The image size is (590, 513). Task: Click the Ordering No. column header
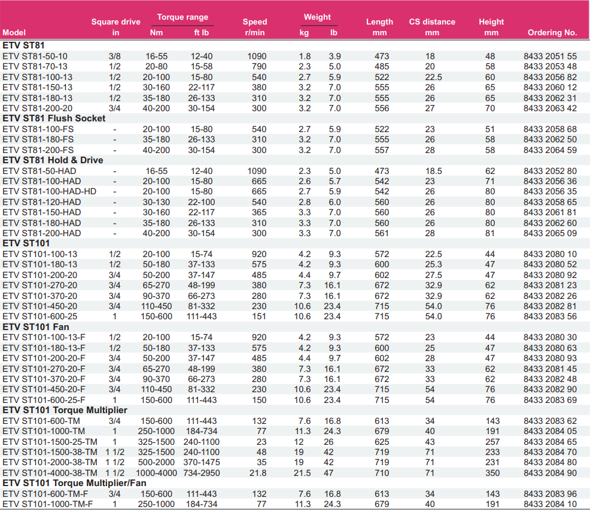click(x=552, y=33)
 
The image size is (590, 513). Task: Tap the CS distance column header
click(x=432, y=22)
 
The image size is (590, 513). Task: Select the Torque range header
click(x=183, y=17)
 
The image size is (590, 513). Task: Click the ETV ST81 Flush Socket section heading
click(x=54, y=118)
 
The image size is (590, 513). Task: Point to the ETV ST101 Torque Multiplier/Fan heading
click(x=74, y=483)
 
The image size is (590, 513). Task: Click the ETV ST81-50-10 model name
click(x=35, y=56)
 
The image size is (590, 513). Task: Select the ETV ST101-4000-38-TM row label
click(x=50, y=473)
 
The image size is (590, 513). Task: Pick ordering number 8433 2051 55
click(x=550, y=56)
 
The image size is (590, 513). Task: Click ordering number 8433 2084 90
click(x=550, y=473)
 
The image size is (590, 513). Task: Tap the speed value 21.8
click(x=258, y=473)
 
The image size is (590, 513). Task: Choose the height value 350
click(x=492, y=473)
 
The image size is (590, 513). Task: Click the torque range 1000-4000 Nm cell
click(x=156, y=473)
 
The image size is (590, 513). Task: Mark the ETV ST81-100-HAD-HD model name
click(x=49, y=191)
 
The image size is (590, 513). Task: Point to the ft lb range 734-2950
click(x=201, y=473)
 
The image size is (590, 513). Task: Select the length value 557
click(x=382, y=150)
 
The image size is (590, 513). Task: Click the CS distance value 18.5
click(x=433, y=171)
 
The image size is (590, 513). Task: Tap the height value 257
click(x=492, y=442)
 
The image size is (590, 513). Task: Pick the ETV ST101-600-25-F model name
click(x=44, y=400)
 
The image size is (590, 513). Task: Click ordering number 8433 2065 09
click(x=550, y=233)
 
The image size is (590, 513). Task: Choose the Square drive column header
click(x=116, y=22)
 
